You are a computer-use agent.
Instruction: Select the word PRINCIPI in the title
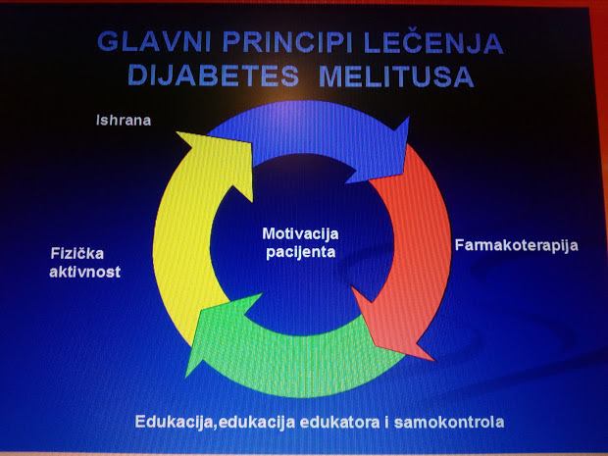[x=287, y=42]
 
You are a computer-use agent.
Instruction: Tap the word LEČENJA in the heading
[x=433, y=42]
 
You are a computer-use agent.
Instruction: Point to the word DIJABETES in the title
[x=213, y=76]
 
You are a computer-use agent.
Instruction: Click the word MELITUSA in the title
[x=397, y=76]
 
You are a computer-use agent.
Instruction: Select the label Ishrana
[x=124, y=121]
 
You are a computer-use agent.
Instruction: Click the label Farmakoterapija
[x=517, y=246]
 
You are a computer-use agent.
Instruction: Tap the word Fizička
[x=77, y=254]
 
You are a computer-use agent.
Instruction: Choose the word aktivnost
[x=85, y=272]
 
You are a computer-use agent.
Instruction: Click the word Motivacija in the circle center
[x=300, y=233]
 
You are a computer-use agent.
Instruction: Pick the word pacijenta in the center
[x=300, y=252]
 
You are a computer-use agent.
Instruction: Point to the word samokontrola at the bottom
[x=449, y=422]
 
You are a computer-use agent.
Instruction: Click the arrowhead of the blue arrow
[x=380, y=151]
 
